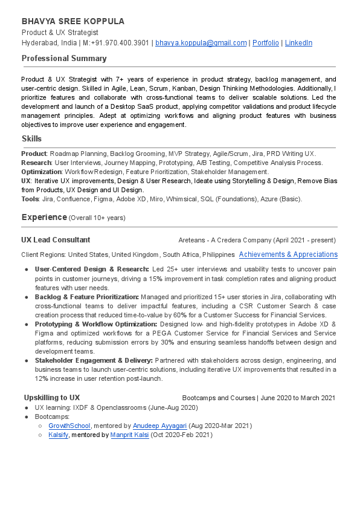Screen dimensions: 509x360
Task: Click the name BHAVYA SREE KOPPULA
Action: point(73,21)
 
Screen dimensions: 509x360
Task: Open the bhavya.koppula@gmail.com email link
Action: point(201,43)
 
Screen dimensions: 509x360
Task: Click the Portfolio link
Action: point(266,43)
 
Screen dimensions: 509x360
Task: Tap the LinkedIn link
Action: point(298,43)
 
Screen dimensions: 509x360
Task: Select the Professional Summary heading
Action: point(64,59)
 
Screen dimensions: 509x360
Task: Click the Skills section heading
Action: point(31,138)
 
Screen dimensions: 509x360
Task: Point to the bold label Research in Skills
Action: point(36,163)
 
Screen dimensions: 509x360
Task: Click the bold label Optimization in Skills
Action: point(40,172)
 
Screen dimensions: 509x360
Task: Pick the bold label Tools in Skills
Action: point(30,199)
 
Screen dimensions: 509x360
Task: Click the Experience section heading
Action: point(44,217)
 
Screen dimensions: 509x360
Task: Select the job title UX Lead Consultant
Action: point(56,240)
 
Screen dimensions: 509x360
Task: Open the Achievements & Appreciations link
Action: point(288,254)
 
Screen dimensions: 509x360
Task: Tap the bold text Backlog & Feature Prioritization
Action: point(87,297)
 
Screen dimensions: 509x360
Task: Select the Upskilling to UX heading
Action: point(52,398)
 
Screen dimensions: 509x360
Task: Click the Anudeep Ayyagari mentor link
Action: point(160,426)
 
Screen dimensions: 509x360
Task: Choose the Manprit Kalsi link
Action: point(129,435)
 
